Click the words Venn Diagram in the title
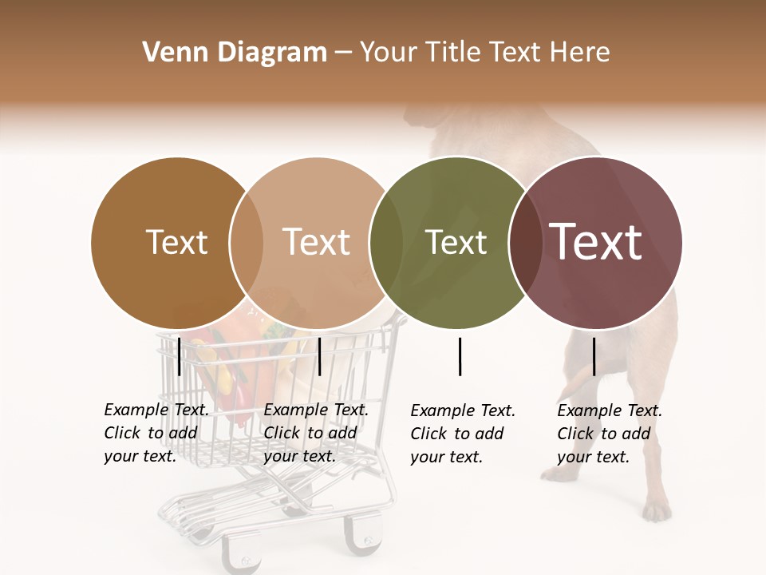tap(235, 53)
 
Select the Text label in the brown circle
tap(177, 242)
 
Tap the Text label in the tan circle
tap(317, 242)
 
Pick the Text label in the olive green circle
tap(456, 242)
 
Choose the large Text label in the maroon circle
tap(596, 242)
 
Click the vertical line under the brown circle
tap(180, 356)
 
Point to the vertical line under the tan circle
tap(319, 356)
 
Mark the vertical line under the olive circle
tap(460, 356)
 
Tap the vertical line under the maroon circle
tap(594, 356)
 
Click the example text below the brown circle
tap(156, 433)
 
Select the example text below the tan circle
tap(315, 433)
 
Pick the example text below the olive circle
tap(462, 434)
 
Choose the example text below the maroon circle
tap(609, 434)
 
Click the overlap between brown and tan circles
tap(247, 242)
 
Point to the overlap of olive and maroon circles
tap(524, 242)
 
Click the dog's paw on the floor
tap(657, 510)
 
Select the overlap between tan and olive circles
tap(385, 242)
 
